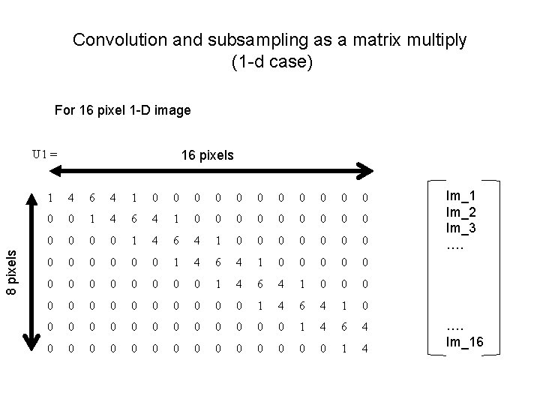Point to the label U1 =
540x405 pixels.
coord(44,154)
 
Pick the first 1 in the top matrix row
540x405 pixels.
coord(49,199)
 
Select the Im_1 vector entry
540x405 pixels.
coord(459,195)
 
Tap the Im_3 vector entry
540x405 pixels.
coord(459,228)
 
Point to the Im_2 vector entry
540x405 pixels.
coord(459,211)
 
